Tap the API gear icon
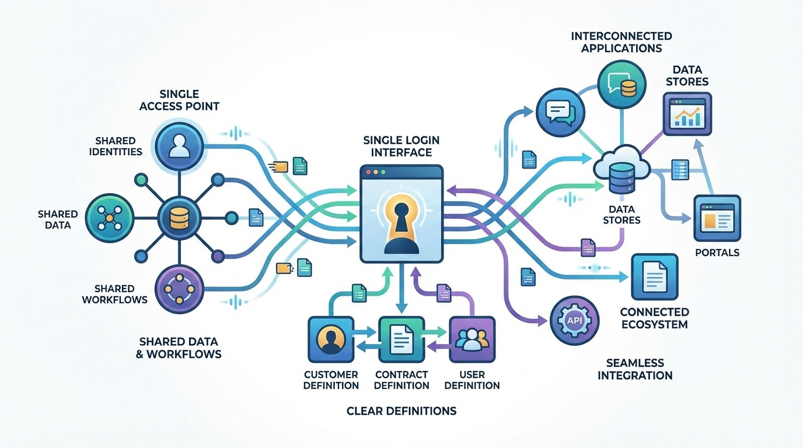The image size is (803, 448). click(x=574, y=320)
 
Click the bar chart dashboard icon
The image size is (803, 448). click(x=687, y=114)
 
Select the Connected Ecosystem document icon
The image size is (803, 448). click(x=654, y=276)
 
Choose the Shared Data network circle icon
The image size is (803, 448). click(x=109, y=218)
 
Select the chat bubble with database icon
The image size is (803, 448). click(x=621, y=85)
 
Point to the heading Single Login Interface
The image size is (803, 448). click(x=401, y=146)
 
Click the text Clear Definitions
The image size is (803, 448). click(x=401, y=411)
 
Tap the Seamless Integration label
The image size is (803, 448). click(x=635, y=369)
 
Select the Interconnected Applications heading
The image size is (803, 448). click(x=621, y=42)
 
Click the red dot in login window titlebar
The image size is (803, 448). click(x=368, y=172)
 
